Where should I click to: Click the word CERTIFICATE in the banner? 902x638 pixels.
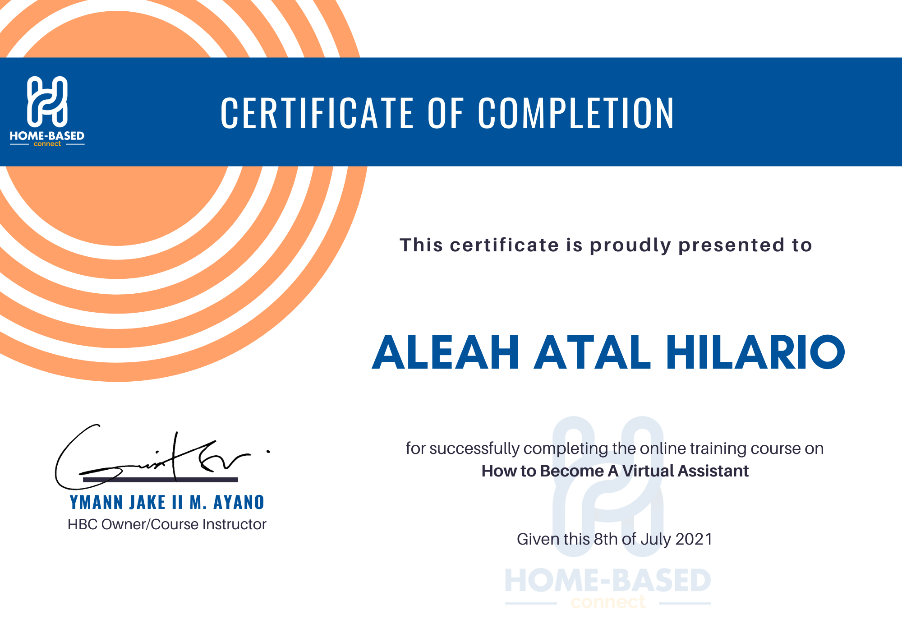317,113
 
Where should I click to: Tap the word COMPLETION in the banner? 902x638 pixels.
576,113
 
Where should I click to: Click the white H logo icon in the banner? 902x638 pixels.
47,101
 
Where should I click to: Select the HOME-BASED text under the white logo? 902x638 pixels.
47,136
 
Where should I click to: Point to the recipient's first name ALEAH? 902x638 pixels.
446,352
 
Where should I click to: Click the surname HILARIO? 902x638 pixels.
755,352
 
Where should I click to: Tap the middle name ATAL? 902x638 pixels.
593,352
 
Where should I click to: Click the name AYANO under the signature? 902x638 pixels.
239,502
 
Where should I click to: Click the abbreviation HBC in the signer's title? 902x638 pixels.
83,524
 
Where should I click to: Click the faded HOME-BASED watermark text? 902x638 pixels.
608,580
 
